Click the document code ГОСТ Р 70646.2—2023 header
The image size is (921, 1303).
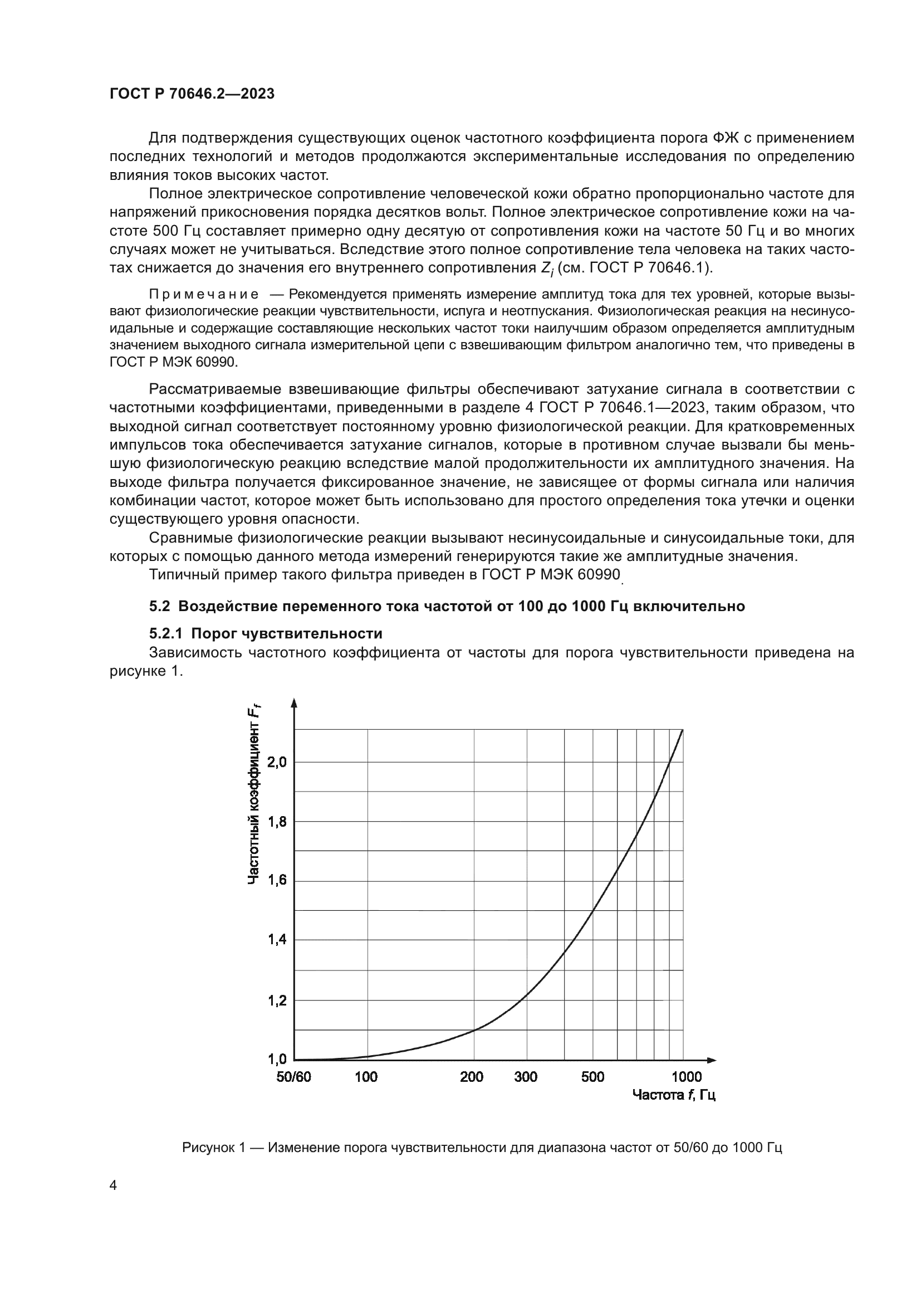point(192,94)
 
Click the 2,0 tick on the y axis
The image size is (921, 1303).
point(277,762)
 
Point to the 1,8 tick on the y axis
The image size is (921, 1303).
point(277,821)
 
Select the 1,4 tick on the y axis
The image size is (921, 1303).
point(277,940)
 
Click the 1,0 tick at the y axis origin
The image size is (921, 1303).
point(277,1058)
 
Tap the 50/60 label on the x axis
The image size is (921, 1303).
point(293,1077)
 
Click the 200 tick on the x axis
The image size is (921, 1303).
point(471,1077)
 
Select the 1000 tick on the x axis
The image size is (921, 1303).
point(686,1077)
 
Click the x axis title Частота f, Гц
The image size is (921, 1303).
point(673,1095)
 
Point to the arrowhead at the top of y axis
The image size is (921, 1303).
point(294,703)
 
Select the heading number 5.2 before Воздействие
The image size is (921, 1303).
point(159,606)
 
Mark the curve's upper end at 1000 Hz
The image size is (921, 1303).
point(682,730)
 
